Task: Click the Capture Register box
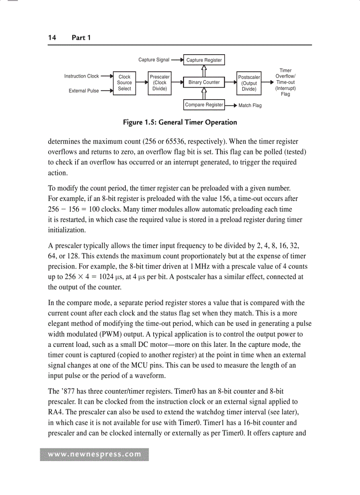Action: point(204,60)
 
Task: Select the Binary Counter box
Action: point(204,82)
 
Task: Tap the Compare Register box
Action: point(204,105)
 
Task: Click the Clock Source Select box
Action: point(124,83)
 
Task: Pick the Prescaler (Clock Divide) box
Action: point(159,83)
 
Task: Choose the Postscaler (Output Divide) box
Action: point(249,83)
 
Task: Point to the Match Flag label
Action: point(250,106)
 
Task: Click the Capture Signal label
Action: point(154,60)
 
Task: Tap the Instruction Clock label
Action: point(82,76)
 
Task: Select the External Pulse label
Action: point(84,91)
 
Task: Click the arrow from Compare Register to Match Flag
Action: point(231,105)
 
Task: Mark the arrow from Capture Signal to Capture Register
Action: point(177,60)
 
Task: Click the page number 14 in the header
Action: point(52,38)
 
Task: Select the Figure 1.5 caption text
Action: point(180,123)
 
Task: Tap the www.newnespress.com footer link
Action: point(94,454)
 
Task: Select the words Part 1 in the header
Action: point(81,38)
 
